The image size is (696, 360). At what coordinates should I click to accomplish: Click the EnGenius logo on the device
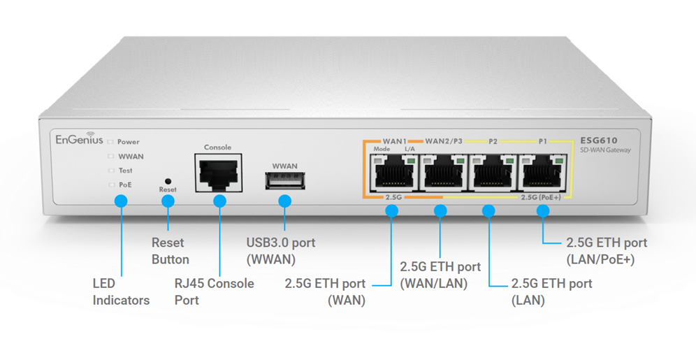(79, 138)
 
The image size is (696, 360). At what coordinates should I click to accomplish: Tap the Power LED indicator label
(128, 142)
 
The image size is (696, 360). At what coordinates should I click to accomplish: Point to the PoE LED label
(124, 185)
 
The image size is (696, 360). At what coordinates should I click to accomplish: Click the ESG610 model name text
(599, 141)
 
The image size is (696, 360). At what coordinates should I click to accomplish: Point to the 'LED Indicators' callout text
(121, 292)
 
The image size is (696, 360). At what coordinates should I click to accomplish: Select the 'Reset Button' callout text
(171, 251)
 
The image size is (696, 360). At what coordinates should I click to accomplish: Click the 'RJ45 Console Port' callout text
(214, 291)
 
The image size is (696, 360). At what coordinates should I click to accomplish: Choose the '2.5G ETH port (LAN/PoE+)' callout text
(606, 251)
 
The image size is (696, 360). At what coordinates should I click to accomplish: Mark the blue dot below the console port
(219, 201)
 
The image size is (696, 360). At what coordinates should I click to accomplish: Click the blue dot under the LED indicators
(121, 201)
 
